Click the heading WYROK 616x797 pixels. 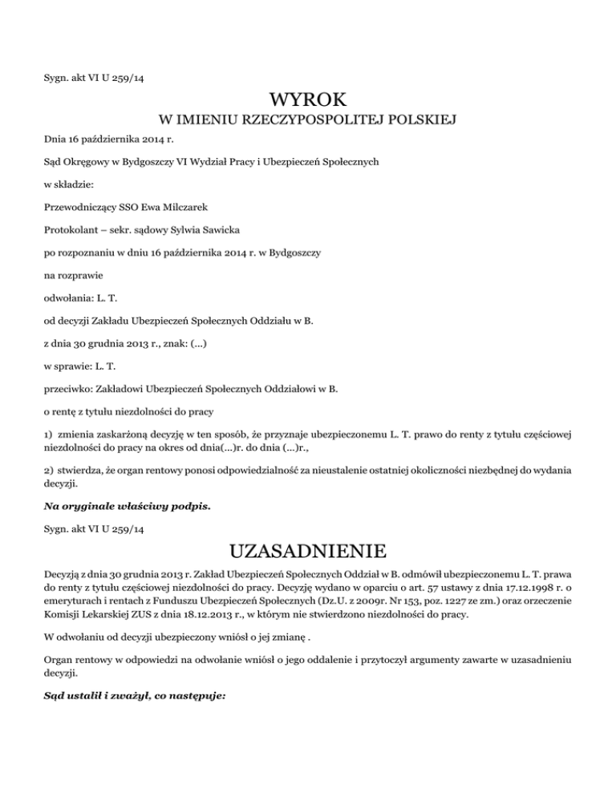click(308, 101)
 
